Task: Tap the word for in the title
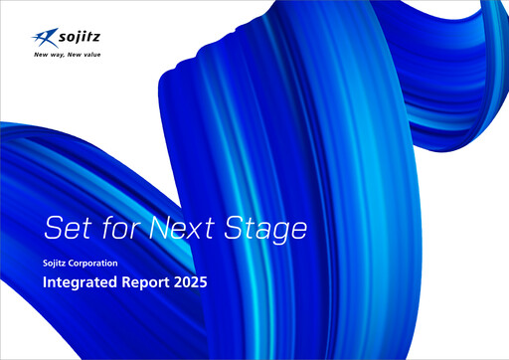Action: click(x=119, y=228)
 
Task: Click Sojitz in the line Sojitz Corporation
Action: click(x=58, y=264)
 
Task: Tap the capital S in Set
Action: click(x=53, y=228)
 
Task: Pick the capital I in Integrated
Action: click(x=45, y=283)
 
